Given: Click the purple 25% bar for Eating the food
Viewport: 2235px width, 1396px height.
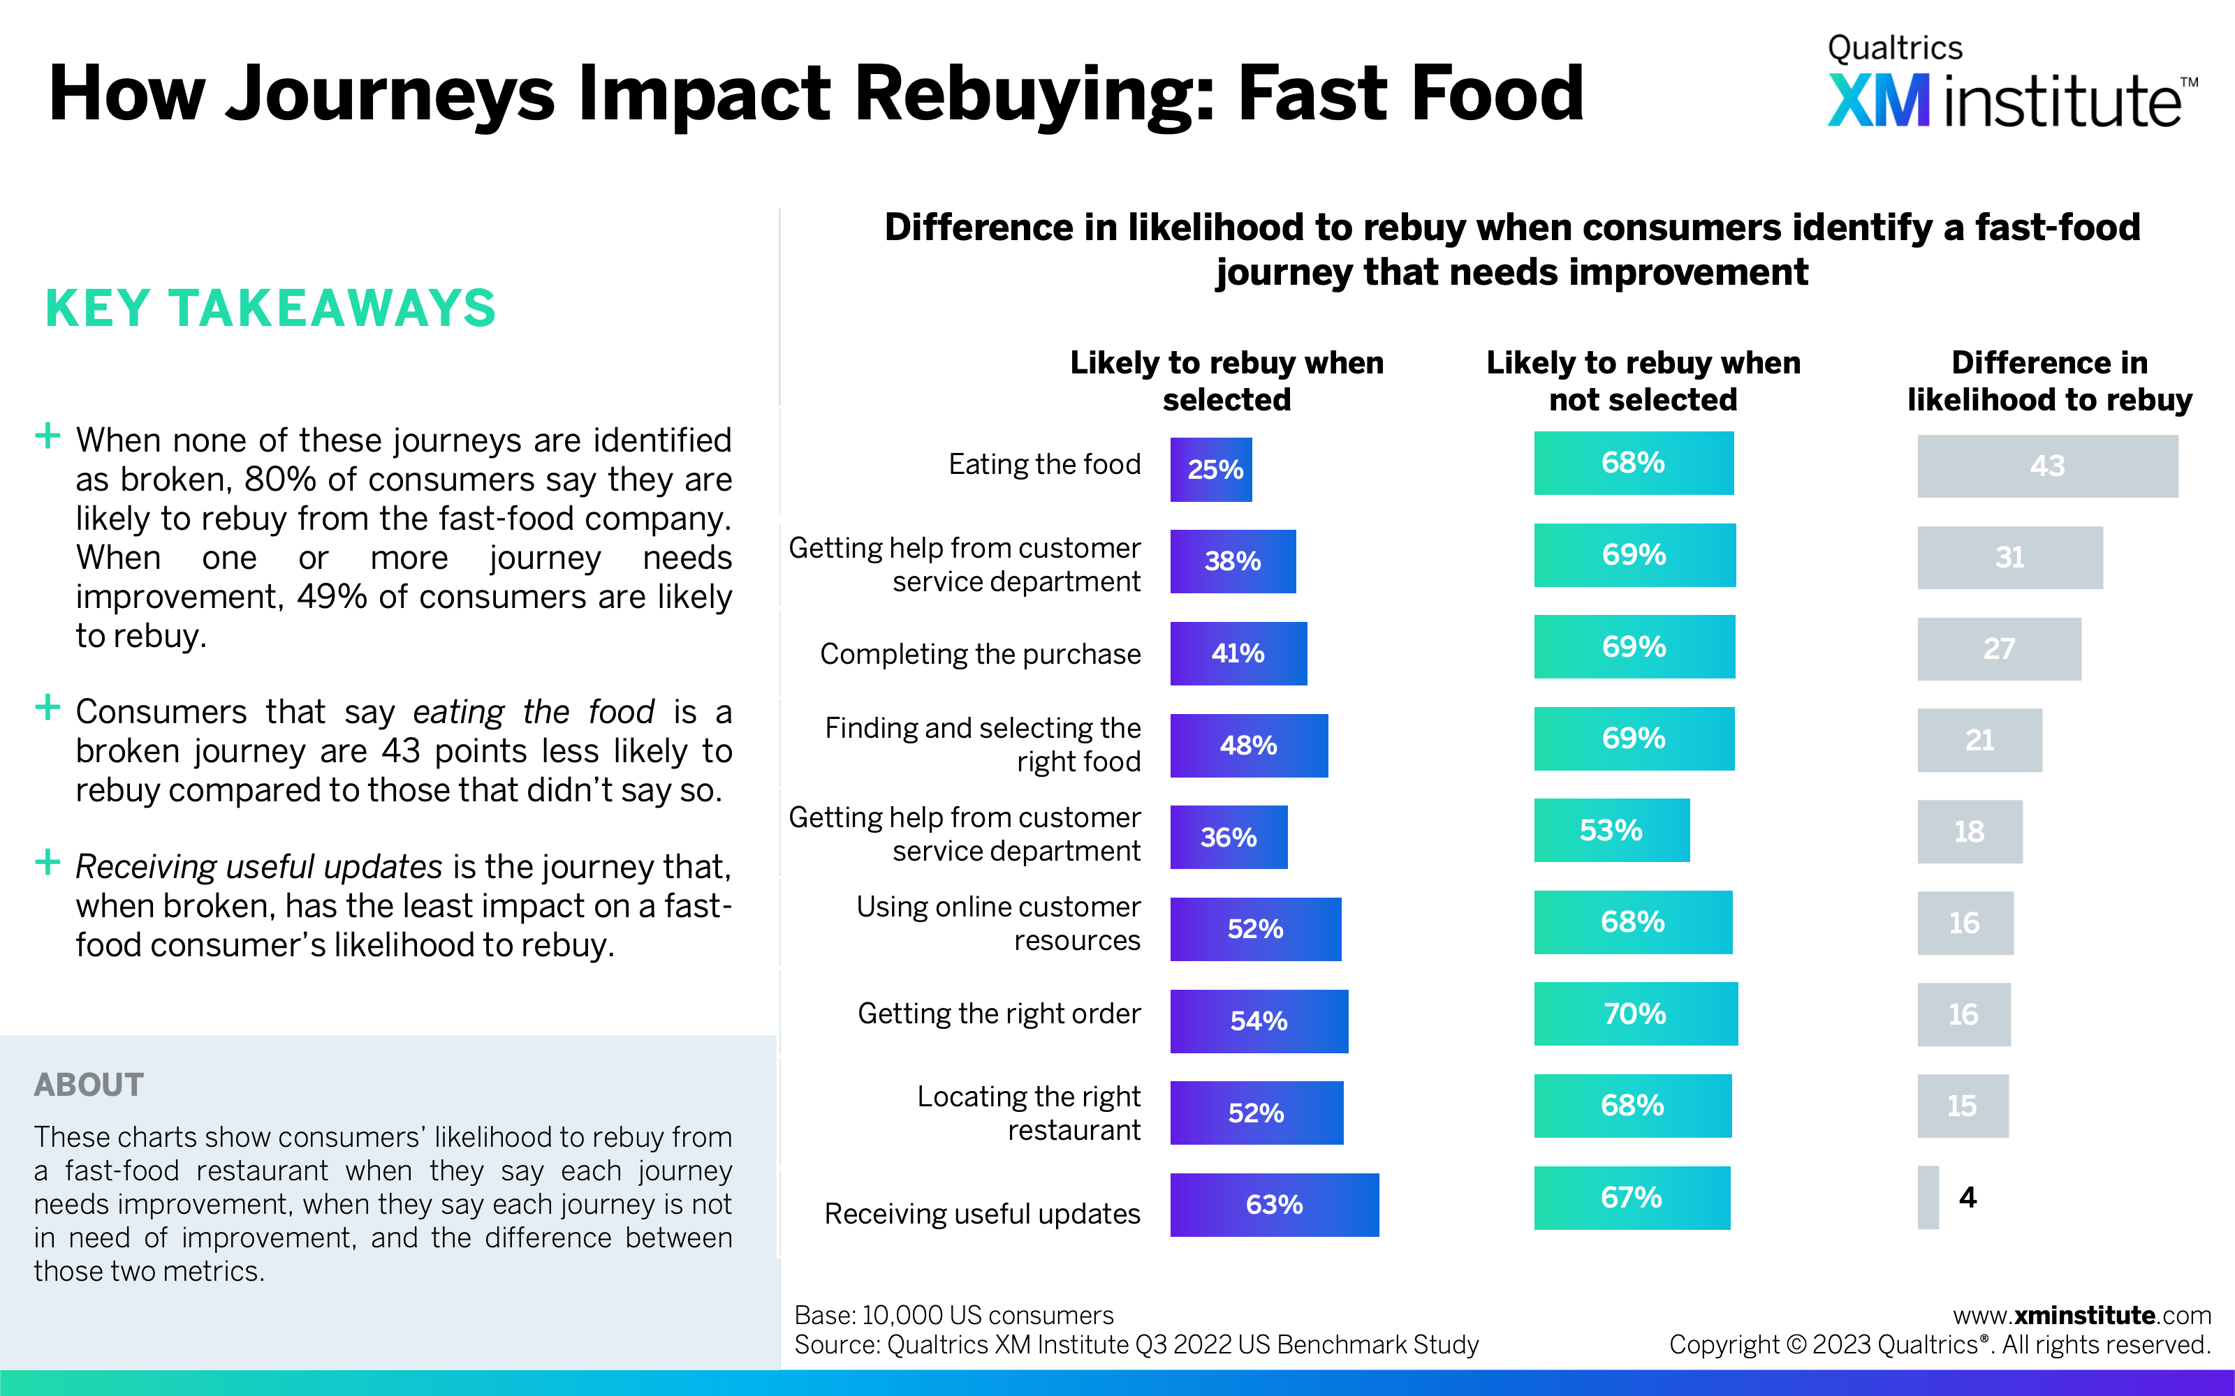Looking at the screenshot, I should click(x=1210, y=469).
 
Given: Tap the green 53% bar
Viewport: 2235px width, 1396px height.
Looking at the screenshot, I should click(x=1611, y=830).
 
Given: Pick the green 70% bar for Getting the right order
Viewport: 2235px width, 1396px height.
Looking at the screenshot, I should click(x=1634, y=1013).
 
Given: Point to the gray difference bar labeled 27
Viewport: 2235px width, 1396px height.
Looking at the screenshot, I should click(x=1998, y=649).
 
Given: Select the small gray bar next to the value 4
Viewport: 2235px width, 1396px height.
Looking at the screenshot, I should click(x=1928, y=1198).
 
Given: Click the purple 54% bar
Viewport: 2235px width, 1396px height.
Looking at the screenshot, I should click(x=1258, y=1020).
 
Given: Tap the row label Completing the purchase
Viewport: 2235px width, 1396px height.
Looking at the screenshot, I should click(x=980, y=654).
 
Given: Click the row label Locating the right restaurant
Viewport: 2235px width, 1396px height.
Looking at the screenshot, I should click(x=1029, y=1113).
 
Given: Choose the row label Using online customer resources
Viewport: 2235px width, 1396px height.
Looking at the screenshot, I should click(x=998, y=923).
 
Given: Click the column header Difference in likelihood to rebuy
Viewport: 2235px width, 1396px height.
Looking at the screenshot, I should click(x=2049, y=380).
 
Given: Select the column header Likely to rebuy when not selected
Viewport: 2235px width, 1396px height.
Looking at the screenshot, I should click(x=1643, y=380).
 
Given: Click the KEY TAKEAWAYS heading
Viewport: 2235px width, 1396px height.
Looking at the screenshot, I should click(x=270, y=309).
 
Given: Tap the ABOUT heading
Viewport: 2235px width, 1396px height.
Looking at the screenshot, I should click(x=89, y=1084).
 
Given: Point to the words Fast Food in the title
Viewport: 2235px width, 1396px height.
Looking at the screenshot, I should click(x=1410, y=94).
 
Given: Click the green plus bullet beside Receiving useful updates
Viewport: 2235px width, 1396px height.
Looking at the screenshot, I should click(x=47, y=862).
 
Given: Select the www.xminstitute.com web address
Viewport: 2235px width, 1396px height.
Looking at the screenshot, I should click(x=2081, y=1315).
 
